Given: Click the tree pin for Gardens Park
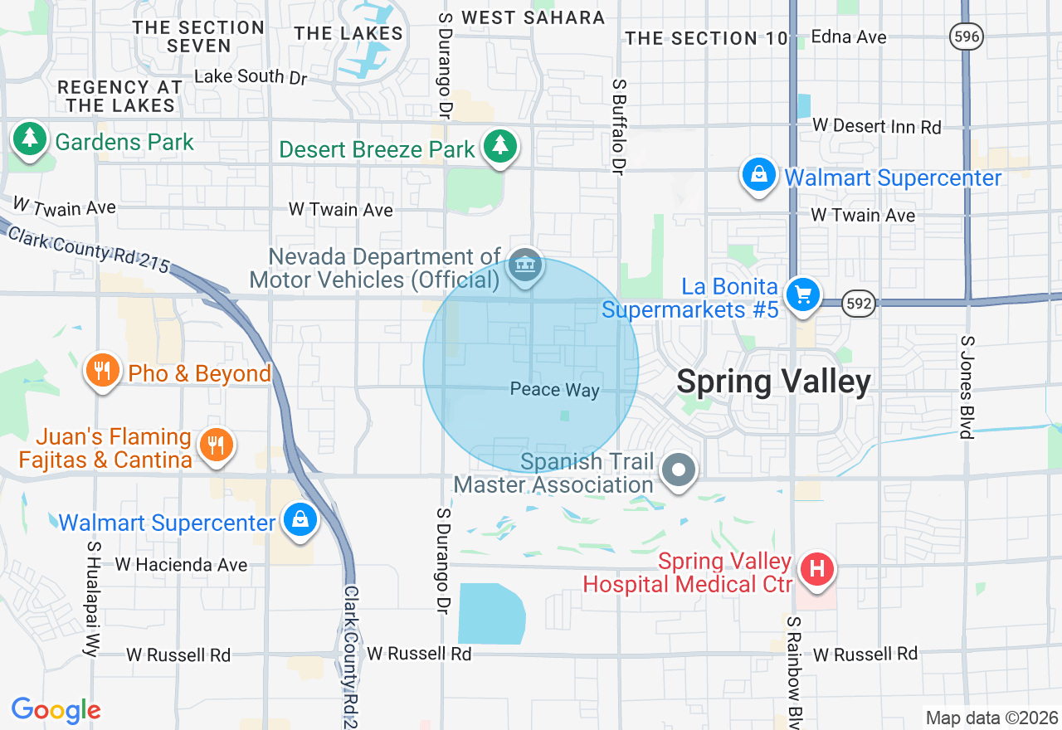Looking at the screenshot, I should [x=30, y=139].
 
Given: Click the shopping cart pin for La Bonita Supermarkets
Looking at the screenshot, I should [x=802, y=294].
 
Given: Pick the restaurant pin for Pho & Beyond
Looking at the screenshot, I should [x=102, y=370].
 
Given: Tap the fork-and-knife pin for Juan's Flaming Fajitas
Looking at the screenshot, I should [x=216, y=445].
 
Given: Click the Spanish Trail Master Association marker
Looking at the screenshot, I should [x=679, y=470].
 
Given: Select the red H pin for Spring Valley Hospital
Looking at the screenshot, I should [x=816, y=569].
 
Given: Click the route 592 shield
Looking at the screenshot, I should [x=859, y=304].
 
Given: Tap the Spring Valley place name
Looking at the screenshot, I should [x=773, y=382].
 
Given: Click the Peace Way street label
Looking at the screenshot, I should [x=554, y=390].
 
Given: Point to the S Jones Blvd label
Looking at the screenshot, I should [x=966, y=387].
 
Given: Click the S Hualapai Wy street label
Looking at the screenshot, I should [x=92, y=599].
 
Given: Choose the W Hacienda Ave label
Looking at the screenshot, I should [x=181, y=565].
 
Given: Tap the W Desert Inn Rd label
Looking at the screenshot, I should [x=877, y=126].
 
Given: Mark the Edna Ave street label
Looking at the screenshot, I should [x=849, y=36].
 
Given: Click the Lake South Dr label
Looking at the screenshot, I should [x=251, y=76].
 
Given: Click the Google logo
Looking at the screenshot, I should [x=56, y=710].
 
